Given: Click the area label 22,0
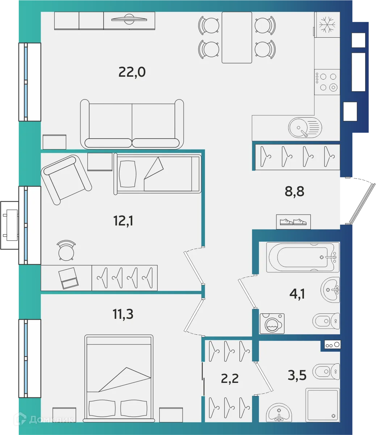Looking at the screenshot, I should (x=132, y=72).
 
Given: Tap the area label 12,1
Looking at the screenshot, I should (x=124, y=220).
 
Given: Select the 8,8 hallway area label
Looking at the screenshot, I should (x=294, y=191).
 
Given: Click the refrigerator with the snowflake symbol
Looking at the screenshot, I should (x=327, y=24).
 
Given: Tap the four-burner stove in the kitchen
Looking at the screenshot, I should (x=327, y=82).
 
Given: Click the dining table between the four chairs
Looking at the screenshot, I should (x=237, y=37).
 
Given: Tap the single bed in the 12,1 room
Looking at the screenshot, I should (x=157, y=174).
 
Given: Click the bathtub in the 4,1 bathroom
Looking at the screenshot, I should (x=302, y=257).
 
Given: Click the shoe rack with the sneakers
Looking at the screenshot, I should (x=293, y=222).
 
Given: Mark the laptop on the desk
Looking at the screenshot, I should (x=69, y=278).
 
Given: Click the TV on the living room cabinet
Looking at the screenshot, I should (x=129, y=18).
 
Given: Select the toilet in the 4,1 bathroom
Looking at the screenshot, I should (x=326, y=321).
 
